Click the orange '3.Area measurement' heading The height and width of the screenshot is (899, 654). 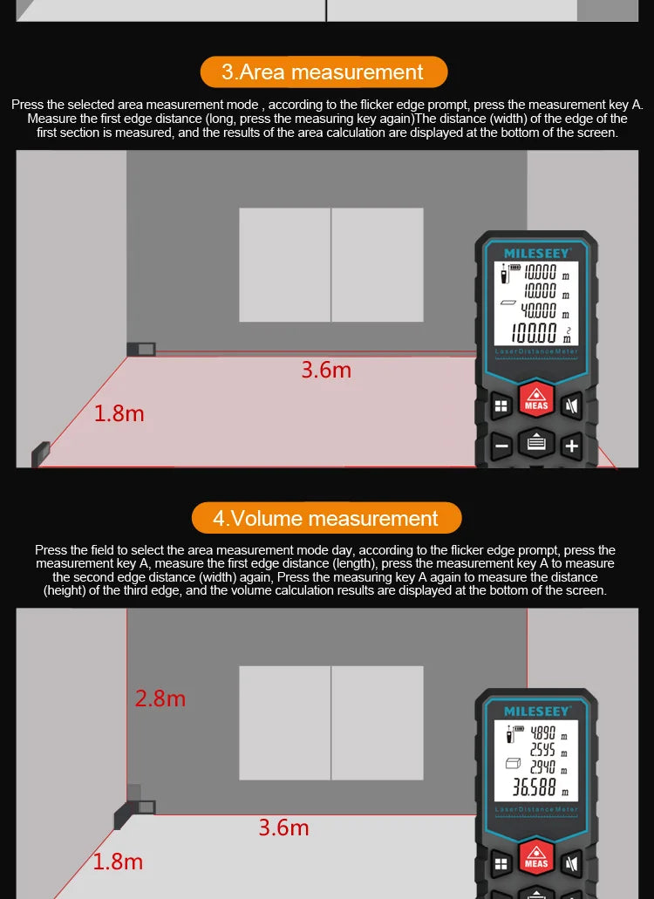(323, 72)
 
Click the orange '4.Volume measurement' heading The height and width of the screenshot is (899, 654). (326, 518)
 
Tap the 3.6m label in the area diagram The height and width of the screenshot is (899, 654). (326, 370)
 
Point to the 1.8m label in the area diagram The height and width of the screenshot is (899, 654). (119, 413)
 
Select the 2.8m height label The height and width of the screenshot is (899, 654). (160, 698)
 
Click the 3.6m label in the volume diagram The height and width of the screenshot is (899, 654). (283, 827)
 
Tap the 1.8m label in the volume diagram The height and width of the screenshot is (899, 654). (118, 862)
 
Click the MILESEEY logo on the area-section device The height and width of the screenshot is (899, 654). (536, 253)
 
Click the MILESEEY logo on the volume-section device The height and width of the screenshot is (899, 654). (536, 711)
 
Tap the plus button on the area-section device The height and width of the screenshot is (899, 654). (571, 446)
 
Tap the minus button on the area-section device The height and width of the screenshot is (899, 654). (501, 446)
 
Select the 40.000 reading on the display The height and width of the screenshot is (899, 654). (539, 310)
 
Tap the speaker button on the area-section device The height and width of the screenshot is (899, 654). (571, 405)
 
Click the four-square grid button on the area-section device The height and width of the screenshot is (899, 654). (501, 405)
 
